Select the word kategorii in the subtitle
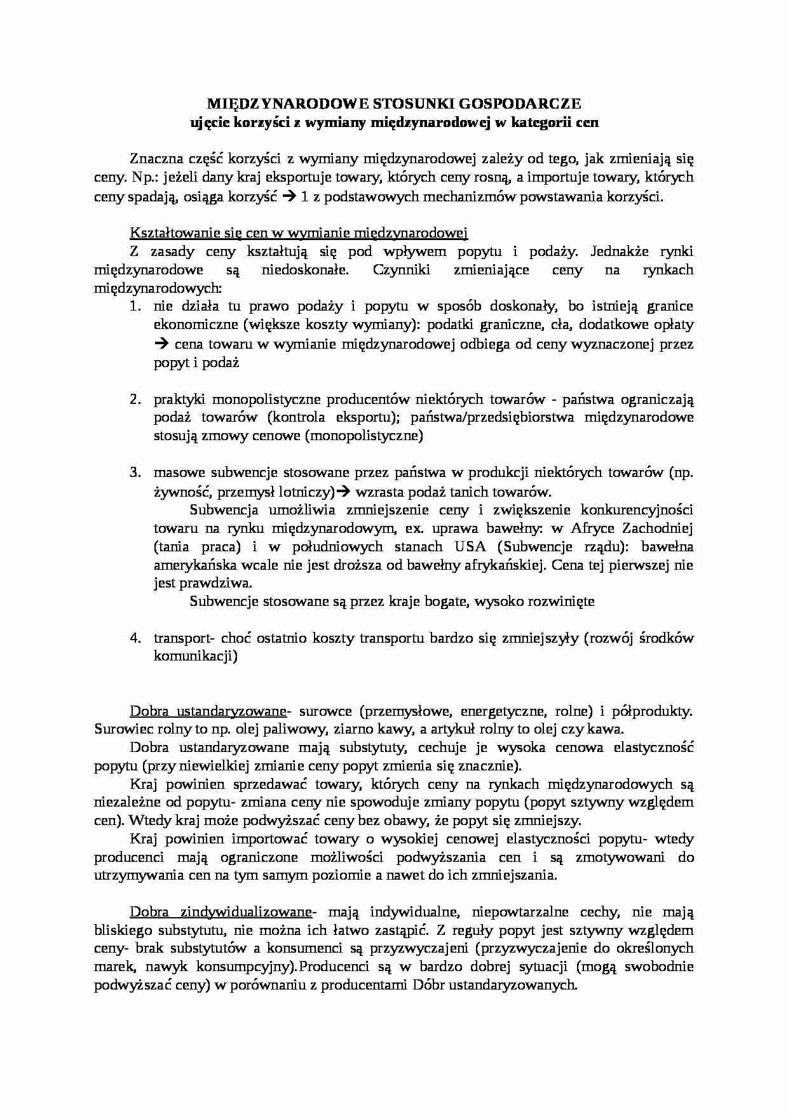539,123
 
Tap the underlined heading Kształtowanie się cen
299,232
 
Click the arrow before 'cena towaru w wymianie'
161,344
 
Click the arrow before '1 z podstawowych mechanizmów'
288,197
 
